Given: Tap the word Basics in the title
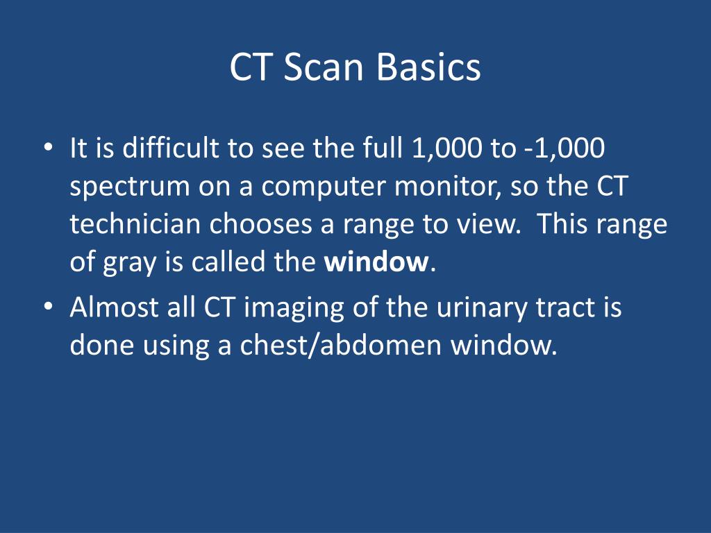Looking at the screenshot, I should (x=429, y=68).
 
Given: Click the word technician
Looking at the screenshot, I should (x=136, y=225).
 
